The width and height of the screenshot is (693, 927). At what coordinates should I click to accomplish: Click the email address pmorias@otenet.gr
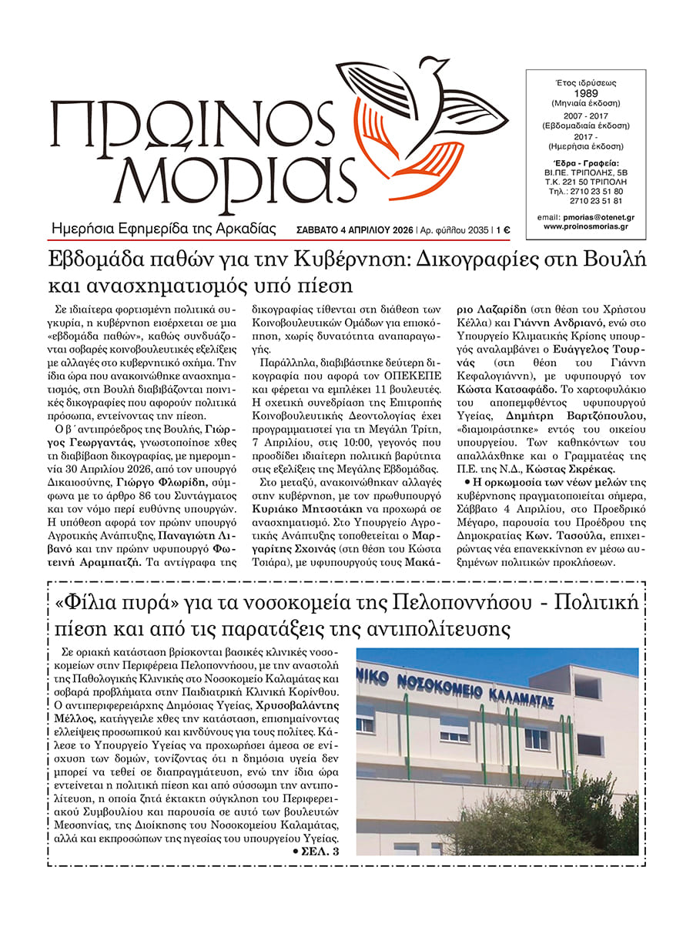point(596,218)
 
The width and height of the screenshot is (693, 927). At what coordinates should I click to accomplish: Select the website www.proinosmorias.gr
point(585,227)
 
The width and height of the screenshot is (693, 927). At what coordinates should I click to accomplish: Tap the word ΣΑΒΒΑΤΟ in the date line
point(320,229)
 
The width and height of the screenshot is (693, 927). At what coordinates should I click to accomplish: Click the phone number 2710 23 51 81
point(596,201)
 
